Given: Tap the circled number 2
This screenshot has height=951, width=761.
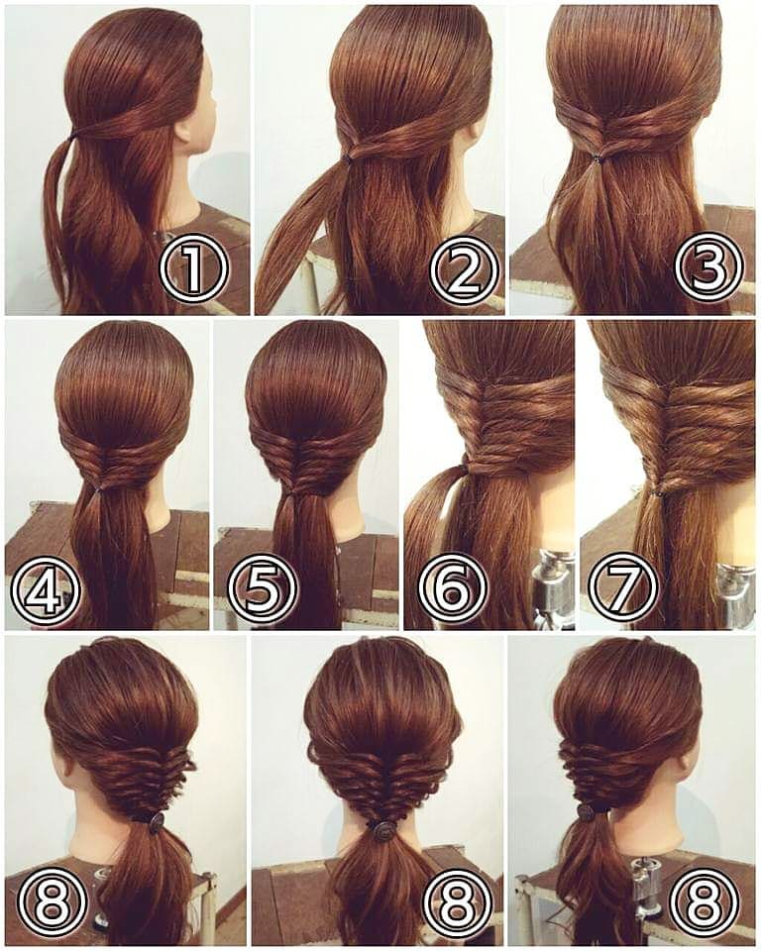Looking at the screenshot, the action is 463,270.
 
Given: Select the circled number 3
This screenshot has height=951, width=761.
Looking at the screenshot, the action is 708,267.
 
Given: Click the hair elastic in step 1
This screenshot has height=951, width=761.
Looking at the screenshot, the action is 72,137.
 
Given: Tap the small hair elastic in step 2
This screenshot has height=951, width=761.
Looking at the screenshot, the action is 347,158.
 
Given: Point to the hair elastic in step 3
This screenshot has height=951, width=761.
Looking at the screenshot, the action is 598,158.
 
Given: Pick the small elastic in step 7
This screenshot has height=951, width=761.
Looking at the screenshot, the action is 656,492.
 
